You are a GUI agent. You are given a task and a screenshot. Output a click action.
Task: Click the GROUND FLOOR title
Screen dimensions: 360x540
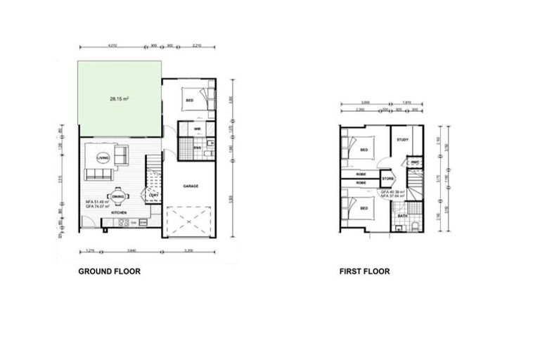(109, 271)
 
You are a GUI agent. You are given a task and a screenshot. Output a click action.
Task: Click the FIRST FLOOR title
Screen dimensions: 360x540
(364, 271)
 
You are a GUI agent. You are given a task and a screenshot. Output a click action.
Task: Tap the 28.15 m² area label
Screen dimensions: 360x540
(119, 99)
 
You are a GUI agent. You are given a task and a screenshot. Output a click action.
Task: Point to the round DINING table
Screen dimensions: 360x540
(117, 197)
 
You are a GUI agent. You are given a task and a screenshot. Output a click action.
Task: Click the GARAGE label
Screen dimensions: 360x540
(191, 186)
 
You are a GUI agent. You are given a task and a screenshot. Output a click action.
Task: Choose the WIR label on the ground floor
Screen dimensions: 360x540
(189, 129)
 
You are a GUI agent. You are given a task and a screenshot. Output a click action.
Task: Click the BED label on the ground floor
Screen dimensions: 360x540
(189, 101)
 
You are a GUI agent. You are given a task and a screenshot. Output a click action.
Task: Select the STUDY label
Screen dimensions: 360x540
(402, 140)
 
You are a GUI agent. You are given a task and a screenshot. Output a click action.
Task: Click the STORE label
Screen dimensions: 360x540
(387, 179)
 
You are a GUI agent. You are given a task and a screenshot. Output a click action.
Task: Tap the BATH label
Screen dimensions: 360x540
(402, 216)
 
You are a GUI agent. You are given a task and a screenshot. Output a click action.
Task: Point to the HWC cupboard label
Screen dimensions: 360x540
(415, 162)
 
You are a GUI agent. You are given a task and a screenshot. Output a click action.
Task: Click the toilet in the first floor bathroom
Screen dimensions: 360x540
(416, 226)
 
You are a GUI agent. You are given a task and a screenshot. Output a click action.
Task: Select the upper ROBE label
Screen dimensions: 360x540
(361, 174)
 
